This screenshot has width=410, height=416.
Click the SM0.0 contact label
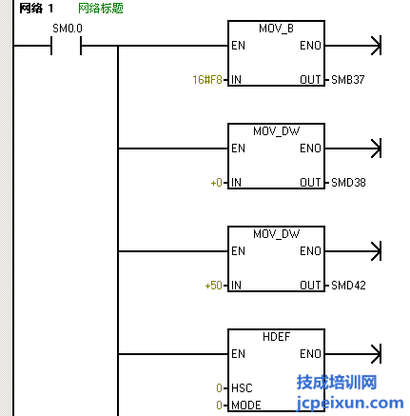point(68,29)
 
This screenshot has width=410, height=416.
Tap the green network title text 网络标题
point(101,9)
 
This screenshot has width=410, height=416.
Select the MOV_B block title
point(276,29)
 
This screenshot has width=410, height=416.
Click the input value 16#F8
point(207,79)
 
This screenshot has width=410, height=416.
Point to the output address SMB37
point(348,79)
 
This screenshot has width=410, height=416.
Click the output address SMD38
point(348,183)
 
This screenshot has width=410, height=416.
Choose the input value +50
point(213,286)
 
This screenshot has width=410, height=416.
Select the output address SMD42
point(348,286)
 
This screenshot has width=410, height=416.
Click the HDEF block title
point(276,337)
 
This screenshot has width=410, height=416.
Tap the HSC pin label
point(242,388)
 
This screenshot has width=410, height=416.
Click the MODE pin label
point(246,406)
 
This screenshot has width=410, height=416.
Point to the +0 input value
point(217,183)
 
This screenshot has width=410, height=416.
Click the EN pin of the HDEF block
point(238,354)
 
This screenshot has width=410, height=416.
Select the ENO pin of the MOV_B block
point(311,46)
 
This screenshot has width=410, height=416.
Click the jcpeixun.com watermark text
point(350,403)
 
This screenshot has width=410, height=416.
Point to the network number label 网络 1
point(36,9)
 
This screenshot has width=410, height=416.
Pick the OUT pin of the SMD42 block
point(311,286)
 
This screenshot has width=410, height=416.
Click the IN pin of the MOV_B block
point(236,79)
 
